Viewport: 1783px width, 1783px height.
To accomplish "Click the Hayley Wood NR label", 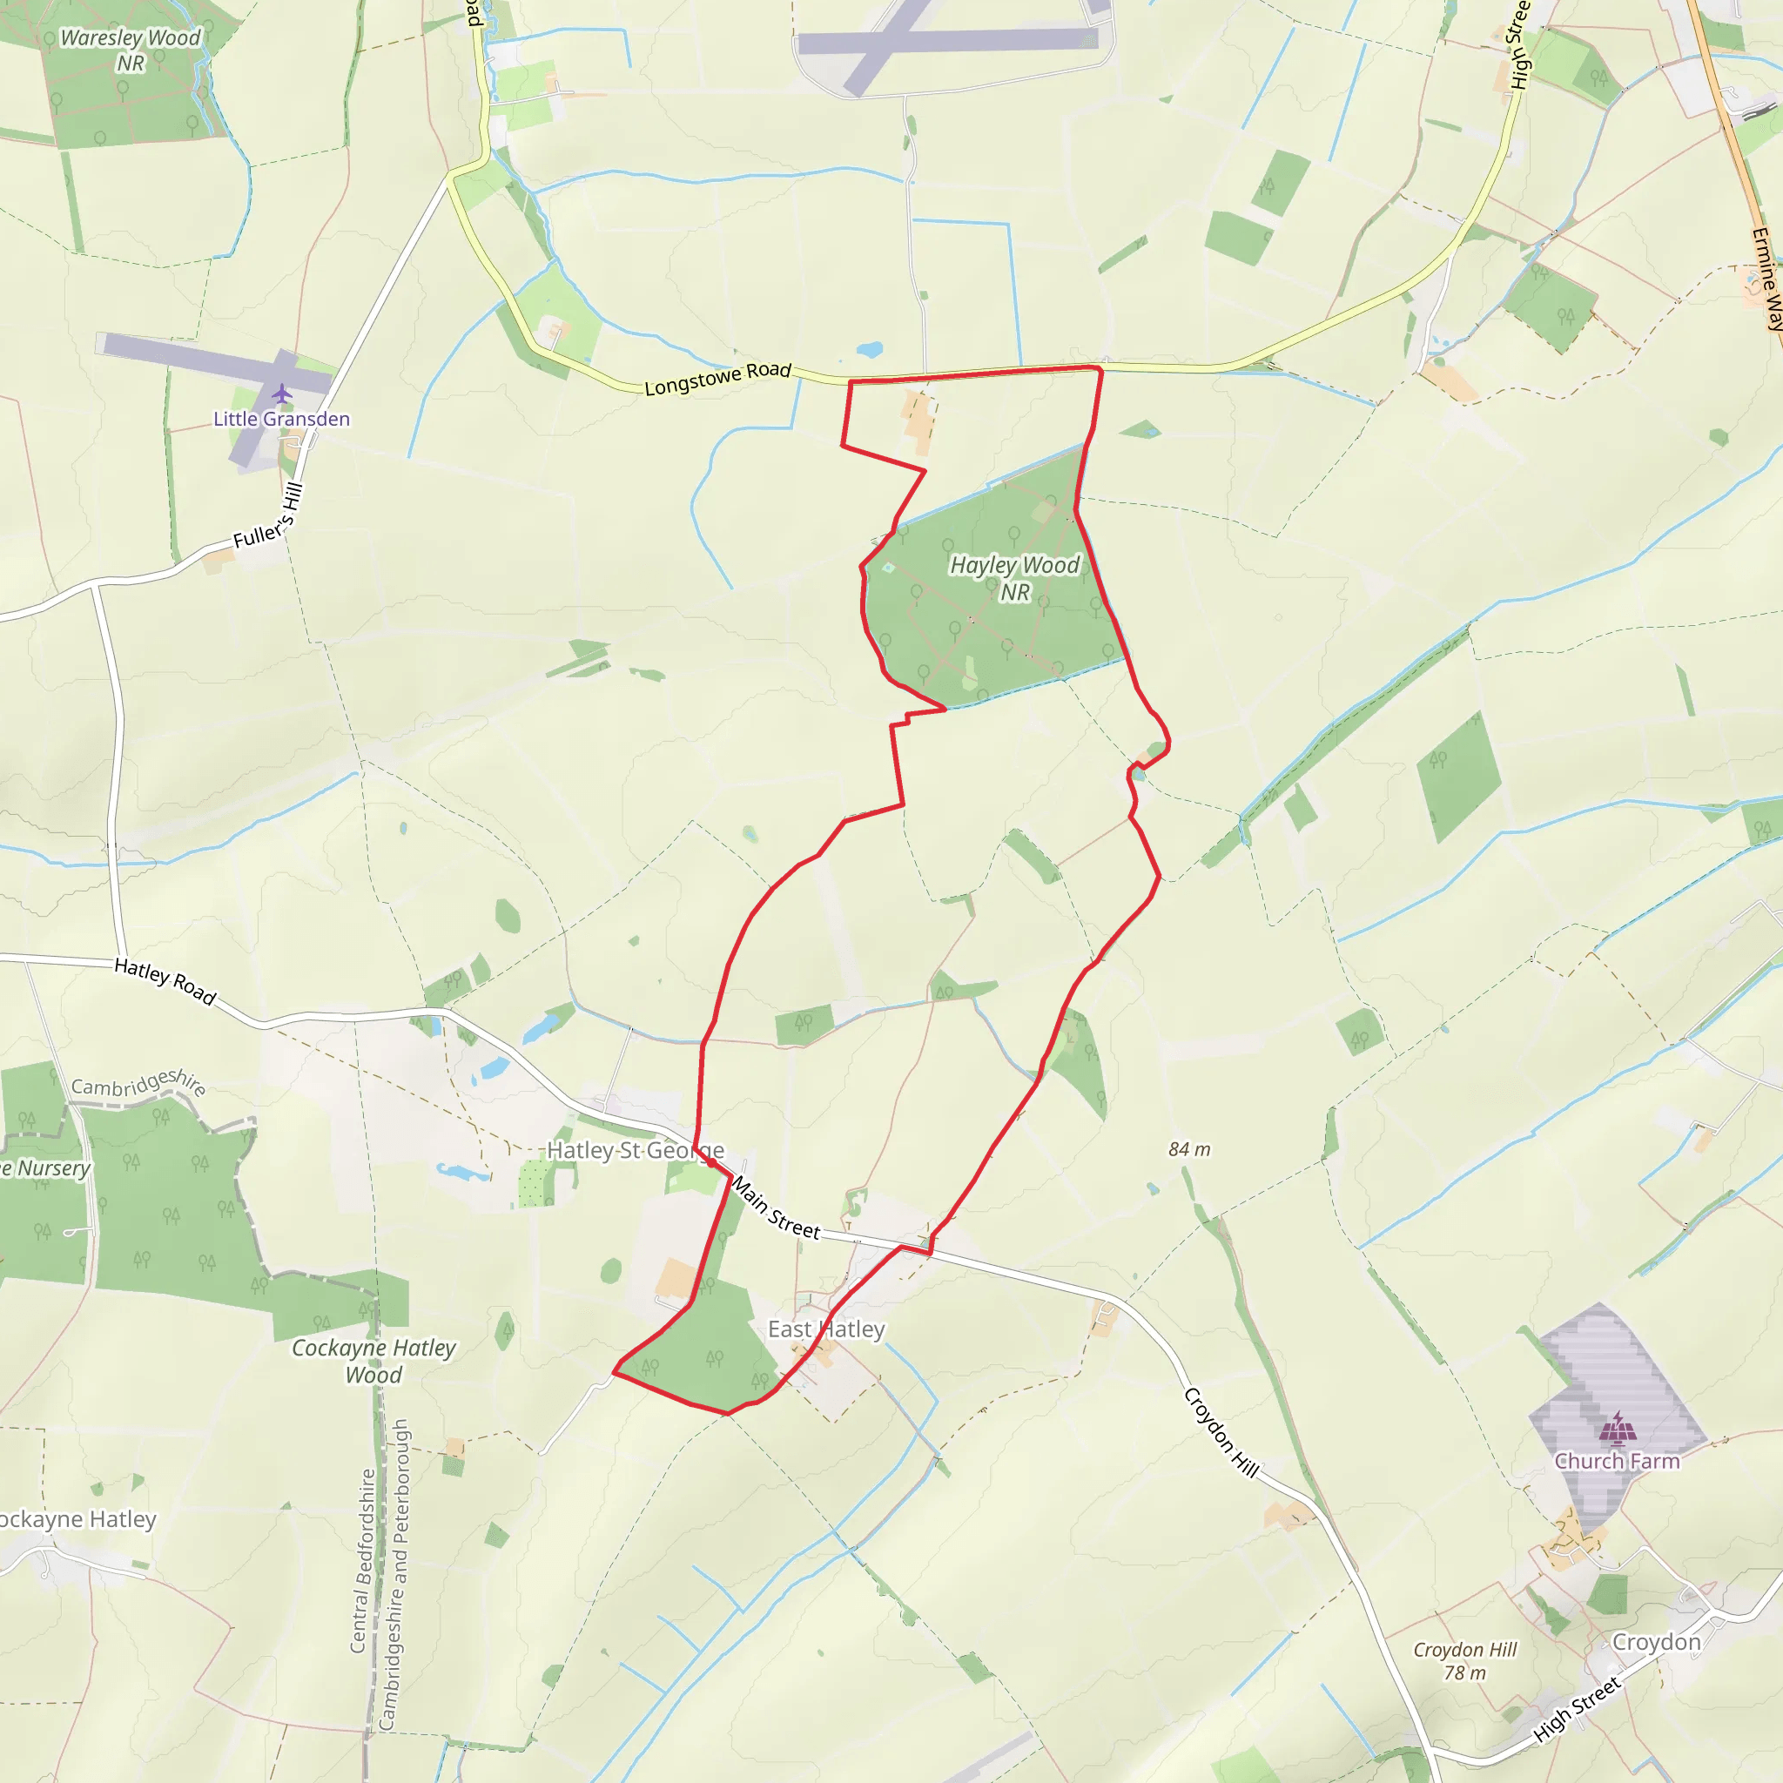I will point(1014,578).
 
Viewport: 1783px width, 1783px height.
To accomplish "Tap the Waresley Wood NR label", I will point(130,50).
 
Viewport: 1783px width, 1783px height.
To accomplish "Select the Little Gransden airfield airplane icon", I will point(281,394).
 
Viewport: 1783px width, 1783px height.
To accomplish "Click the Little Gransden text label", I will point(281,419).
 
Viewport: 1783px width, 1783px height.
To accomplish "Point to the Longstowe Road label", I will point(717,379).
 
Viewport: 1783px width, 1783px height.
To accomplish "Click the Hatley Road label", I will point(165,981).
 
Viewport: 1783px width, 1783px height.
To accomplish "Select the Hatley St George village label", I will point(635,1150).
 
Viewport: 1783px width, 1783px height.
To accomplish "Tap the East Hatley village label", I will point(826,1329).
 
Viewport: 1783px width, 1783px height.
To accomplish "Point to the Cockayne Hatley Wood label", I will point(373,1362).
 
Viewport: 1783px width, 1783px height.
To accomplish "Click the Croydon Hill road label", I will point(1221,1431).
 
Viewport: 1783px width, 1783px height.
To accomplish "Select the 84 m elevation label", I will point(1188,1149).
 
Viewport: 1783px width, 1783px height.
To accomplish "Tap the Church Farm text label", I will point(1617,1461).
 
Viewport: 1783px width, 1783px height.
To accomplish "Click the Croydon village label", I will point(1656,1642).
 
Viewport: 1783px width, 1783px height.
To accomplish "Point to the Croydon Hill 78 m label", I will point(1464,1661).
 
